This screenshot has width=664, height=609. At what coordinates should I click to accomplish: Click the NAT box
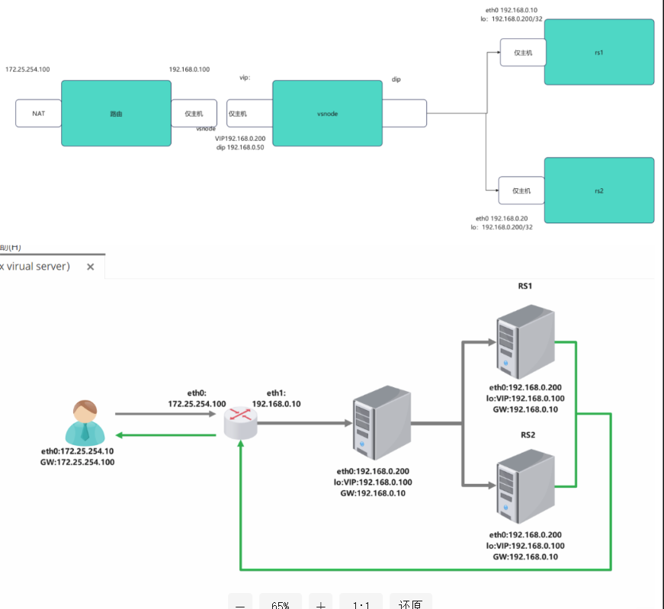38,114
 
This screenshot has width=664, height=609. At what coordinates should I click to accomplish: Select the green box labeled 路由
116,113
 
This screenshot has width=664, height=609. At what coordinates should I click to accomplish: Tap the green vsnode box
327,113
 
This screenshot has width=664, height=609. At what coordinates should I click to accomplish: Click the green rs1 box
598,52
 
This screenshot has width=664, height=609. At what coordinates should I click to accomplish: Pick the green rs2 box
598,191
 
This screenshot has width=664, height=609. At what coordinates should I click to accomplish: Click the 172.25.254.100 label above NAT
27,69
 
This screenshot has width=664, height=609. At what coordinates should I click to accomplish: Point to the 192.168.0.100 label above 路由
189,69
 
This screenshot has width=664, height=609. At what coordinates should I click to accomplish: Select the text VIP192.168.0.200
240,138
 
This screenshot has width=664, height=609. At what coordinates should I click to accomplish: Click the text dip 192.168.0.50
240,147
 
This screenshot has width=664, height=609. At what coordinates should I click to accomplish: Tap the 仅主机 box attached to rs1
522,53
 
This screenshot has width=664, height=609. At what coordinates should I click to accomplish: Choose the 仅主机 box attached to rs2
521,191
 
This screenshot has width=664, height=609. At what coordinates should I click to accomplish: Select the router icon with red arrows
242,420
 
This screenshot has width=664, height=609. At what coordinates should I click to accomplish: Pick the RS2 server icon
524,488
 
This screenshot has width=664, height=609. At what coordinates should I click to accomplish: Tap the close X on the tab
90,267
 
